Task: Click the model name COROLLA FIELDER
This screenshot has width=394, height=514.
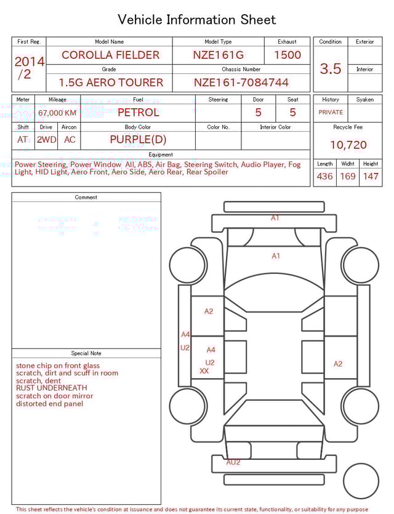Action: click(x=110, y=55)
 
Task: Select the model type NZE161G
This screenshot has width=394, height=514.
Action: click(x=218, y=55)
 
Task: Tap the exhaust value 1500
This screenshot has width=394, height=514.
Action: click(x=287, y=55)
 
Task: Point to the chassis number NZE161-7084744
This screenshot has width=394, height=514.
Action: click(x=241, y=82)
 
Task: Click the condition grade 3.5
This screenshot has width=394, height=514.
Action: click(x=331, y=69)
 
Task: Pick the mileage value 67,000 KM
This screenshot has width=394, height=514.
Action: click(x=57, y=113)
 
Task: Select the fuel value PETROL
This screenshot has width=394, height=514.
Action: click(x=138, y=113)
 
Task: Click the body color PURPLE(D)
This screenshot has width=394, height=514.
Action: click(x=138, y=140)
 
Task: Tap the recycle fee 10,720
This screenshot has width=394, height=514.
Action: click(x=348, y=145)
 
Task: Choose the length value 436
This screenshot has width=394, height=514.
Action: click(x=324, y=177)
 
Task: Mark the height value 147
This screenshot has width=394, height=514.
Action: click(x=371, y=177)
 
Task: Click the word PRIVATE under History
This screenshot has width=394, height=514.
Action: click(x=331, y=113)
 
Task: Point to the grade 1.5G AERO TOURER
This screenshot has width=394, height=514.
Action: click(x=111, y=82)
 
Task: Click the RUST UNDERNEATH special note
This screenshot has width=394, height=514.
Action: click(x=52, y=388)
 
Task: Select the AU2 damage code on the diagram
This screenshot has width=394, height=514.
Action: click(x=233, y=462)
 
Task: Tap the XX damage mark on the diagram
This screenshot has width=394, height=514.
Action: click(x=204, y=371)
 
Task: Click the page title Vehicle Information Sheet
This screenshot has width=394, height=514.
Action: click(x=197, y=20)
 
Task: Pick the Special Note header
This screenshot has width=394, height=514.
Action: click(x=86, y=353)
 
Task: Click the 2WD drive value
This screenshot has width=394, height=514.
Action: click(x=46, y=140)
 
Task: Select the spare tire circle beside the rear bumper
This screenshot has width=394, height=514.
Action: click(x=361, y=481)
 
